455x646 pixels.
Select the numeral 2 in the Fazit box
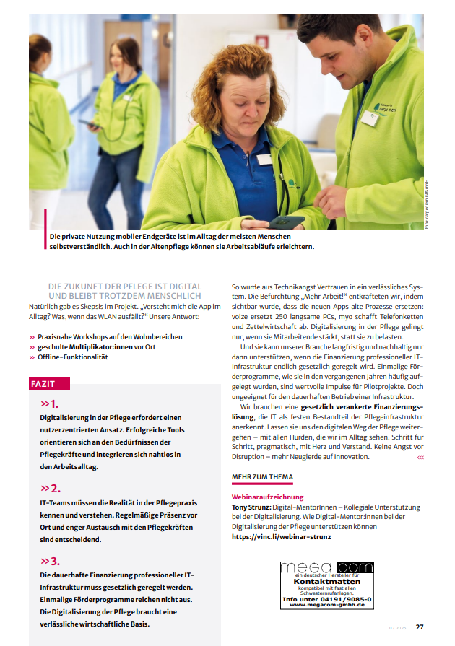55,488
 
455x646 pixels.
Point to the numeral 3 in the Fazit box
55,561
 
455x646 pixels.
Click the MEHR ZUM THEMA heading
262,478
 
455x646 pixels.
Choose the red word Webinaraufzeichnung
268,497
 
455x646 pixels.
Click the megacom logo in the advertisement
326,568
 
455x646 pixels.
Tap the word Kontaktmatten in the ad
326,581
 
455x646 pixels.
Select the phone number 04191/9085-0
344,599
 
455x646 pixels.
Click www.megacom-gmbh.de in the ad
327,605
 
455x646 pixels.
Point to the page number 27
419,627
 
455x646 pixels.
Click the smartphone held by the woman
287,221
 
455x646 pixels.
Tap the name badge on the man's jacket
370,118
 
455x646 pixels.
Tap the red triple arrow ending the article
421,458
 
